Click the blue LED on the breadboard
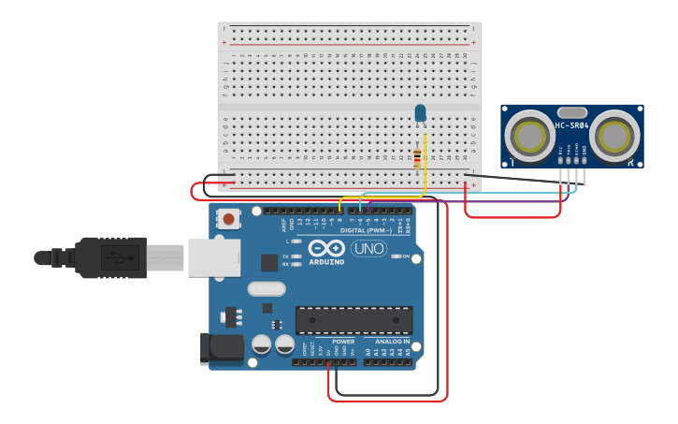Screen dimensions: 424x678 420,113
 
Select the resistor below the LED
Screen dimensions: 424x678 417,159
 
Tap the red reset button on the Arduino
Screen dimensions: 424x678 227,219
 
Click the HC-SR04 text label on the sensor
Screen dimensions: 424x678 571,125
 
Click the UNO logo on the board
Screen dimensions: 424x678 368,248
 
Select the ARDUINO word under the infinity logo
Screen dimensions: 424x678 326,261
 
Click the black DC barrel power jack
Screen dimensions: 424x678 221,348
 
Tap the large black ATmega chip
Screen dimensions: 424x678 353,320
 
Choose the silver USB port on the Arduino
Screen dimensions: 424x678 214,257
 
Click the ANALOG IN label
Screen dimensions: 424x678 393,342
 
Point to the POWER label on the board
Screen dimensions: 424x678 343,342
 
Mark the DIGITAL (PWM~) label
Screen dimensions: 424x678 366,230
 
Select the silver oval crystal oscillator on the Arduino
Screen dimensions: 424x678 267,289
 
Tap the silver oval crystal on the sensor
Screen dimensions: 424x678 571,112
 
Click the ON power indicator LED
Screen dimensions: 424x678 395,256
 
